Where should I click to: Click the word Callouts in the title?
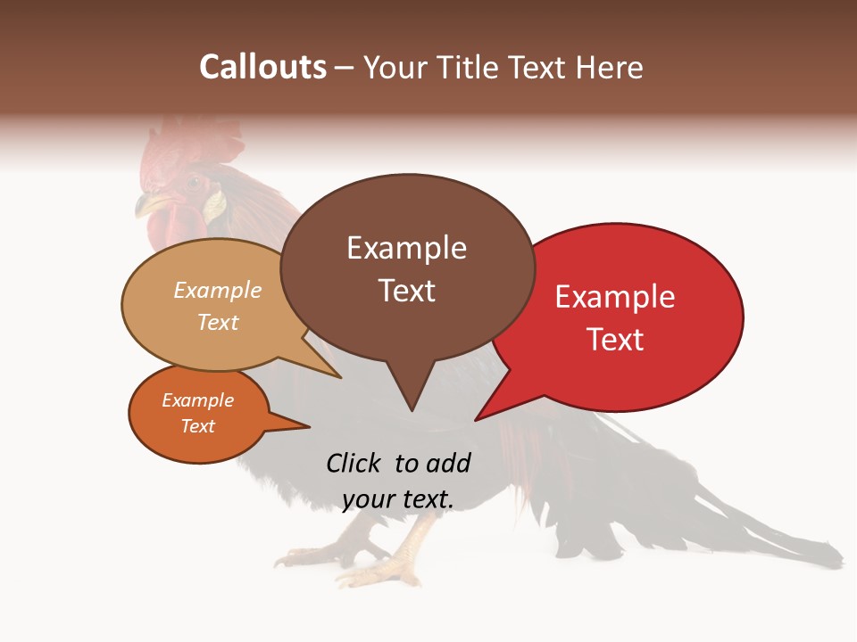[262, 67]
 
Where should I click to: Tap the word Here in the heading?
[607, 67]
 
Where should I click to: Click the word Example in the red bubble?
[615, 297]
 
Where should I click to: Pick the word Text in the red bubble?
[616, 340]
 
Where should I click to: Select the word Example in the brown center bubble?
[406, 248]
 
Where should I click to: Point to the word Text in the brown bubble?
[407, 291]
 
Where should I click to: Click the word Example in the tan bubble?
[217, 291]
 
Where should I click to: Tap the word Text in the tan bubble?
[218, 323]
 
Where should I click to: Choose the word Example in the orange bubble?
[197, 400]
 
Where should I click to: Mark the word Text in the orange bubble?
[198, 426]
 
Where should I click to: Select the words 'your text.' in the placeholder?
[398, 499]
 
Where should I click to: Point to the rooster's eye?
[194, 183]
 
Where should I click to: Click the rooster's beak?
[143, 207]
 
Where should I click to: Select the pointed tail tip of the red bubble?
[476, 419]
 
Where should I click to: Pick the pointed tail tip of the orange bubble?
[309, 426]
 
